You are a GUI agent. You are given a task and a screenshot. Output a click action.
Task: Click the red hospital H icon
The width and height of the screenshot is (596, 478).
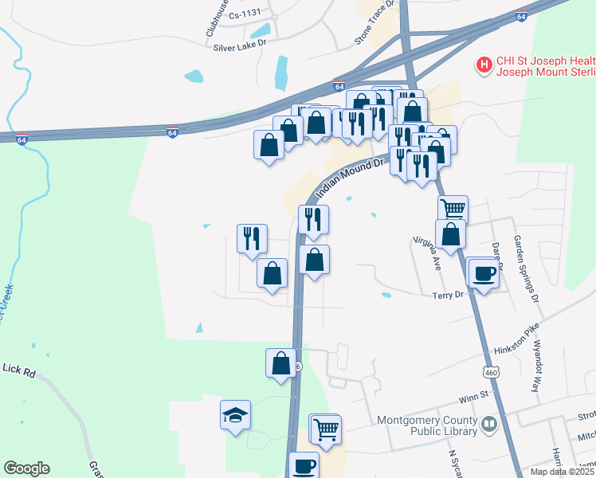[482, 65]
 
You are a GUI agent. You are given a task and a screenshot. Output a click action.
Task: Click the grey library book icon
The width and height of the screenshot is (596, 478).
[489, 425]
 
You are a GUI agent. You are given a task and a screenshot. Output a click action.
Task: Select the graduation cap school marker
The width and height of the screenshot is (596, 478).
[235, 415]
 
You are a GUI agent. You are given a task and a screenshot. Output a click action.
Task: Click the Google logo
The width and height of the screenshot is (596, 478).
[26, 468]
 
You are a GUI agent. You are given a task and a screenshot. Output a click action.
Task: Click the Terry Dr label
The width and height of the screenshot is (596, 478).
[447, 295]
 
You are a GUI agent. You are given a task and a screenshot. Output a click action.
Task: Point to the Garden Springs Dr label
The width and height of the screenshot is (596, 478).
[526, 268]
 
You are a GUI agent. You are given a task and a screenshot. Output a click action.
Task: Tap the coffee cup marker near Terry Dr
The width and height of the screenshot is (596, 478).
[481, 273]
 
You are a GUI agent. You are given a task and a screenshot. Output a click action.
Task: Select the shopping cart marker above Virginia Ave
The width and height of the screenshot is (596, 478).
[453, 209]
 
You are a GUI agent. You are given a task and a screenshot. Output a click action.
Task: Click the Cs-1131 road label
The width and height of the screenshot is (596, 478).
[245, 15]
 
